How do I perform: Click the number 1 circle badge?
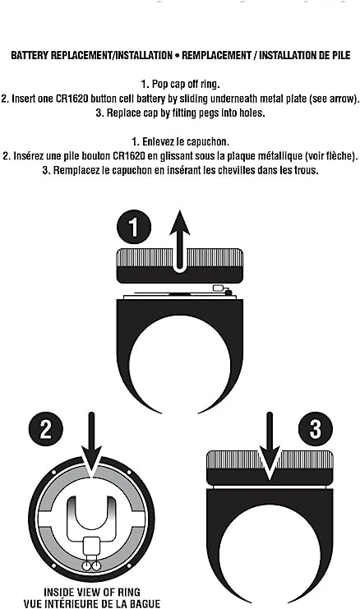(x=134, y=227)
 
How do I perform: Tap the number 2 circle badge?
(x=46, y=429)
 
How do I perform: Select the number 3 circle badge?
(x=316, y=429)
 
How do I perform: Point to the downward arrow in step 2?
(x=92, y=445)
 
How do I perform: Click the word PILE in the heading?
(x=340, y=55)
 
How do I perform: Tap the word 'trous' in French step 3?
(x=306, y=170)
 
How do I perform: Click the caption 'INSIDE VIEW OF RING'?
(x=92, y=592)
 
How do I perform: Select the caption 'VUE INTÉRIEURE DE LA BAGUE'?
(x=92, y=603)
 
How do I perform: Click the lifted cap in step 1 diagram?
(x=180, y=266)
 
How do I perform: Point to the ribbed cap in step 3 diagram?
(x=270, y=468)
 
